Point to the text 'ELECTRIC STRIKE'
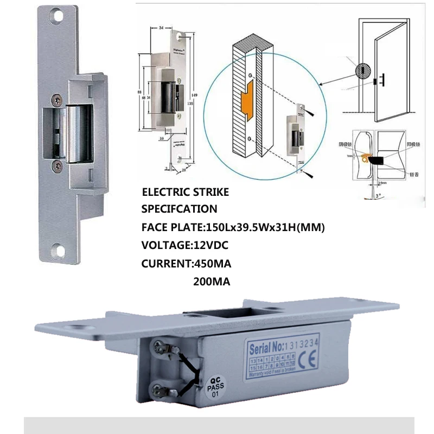185,192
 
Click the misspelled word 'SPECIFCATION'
179,209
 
